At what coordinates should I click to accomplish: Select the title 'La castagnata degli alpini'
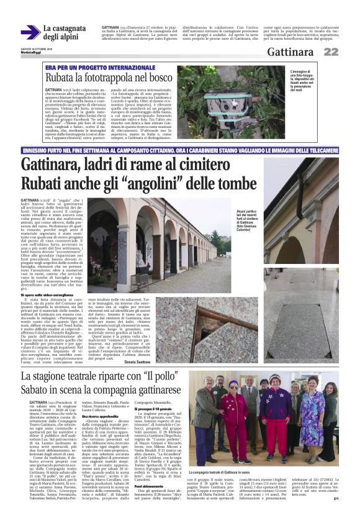[64, 33]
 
